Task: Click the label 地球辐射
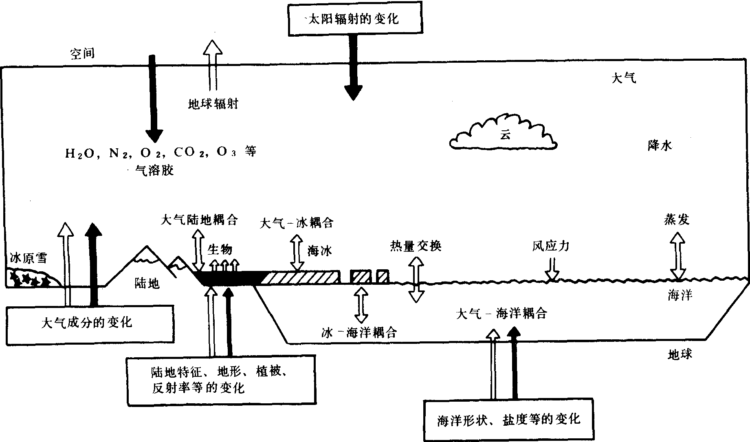[213, 104]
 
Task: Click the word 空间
[82, 53]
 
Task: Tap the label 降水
[659, 146]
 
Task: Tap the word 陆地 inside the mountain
[147, 283]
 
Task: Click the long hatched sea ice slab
[301, 277]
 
